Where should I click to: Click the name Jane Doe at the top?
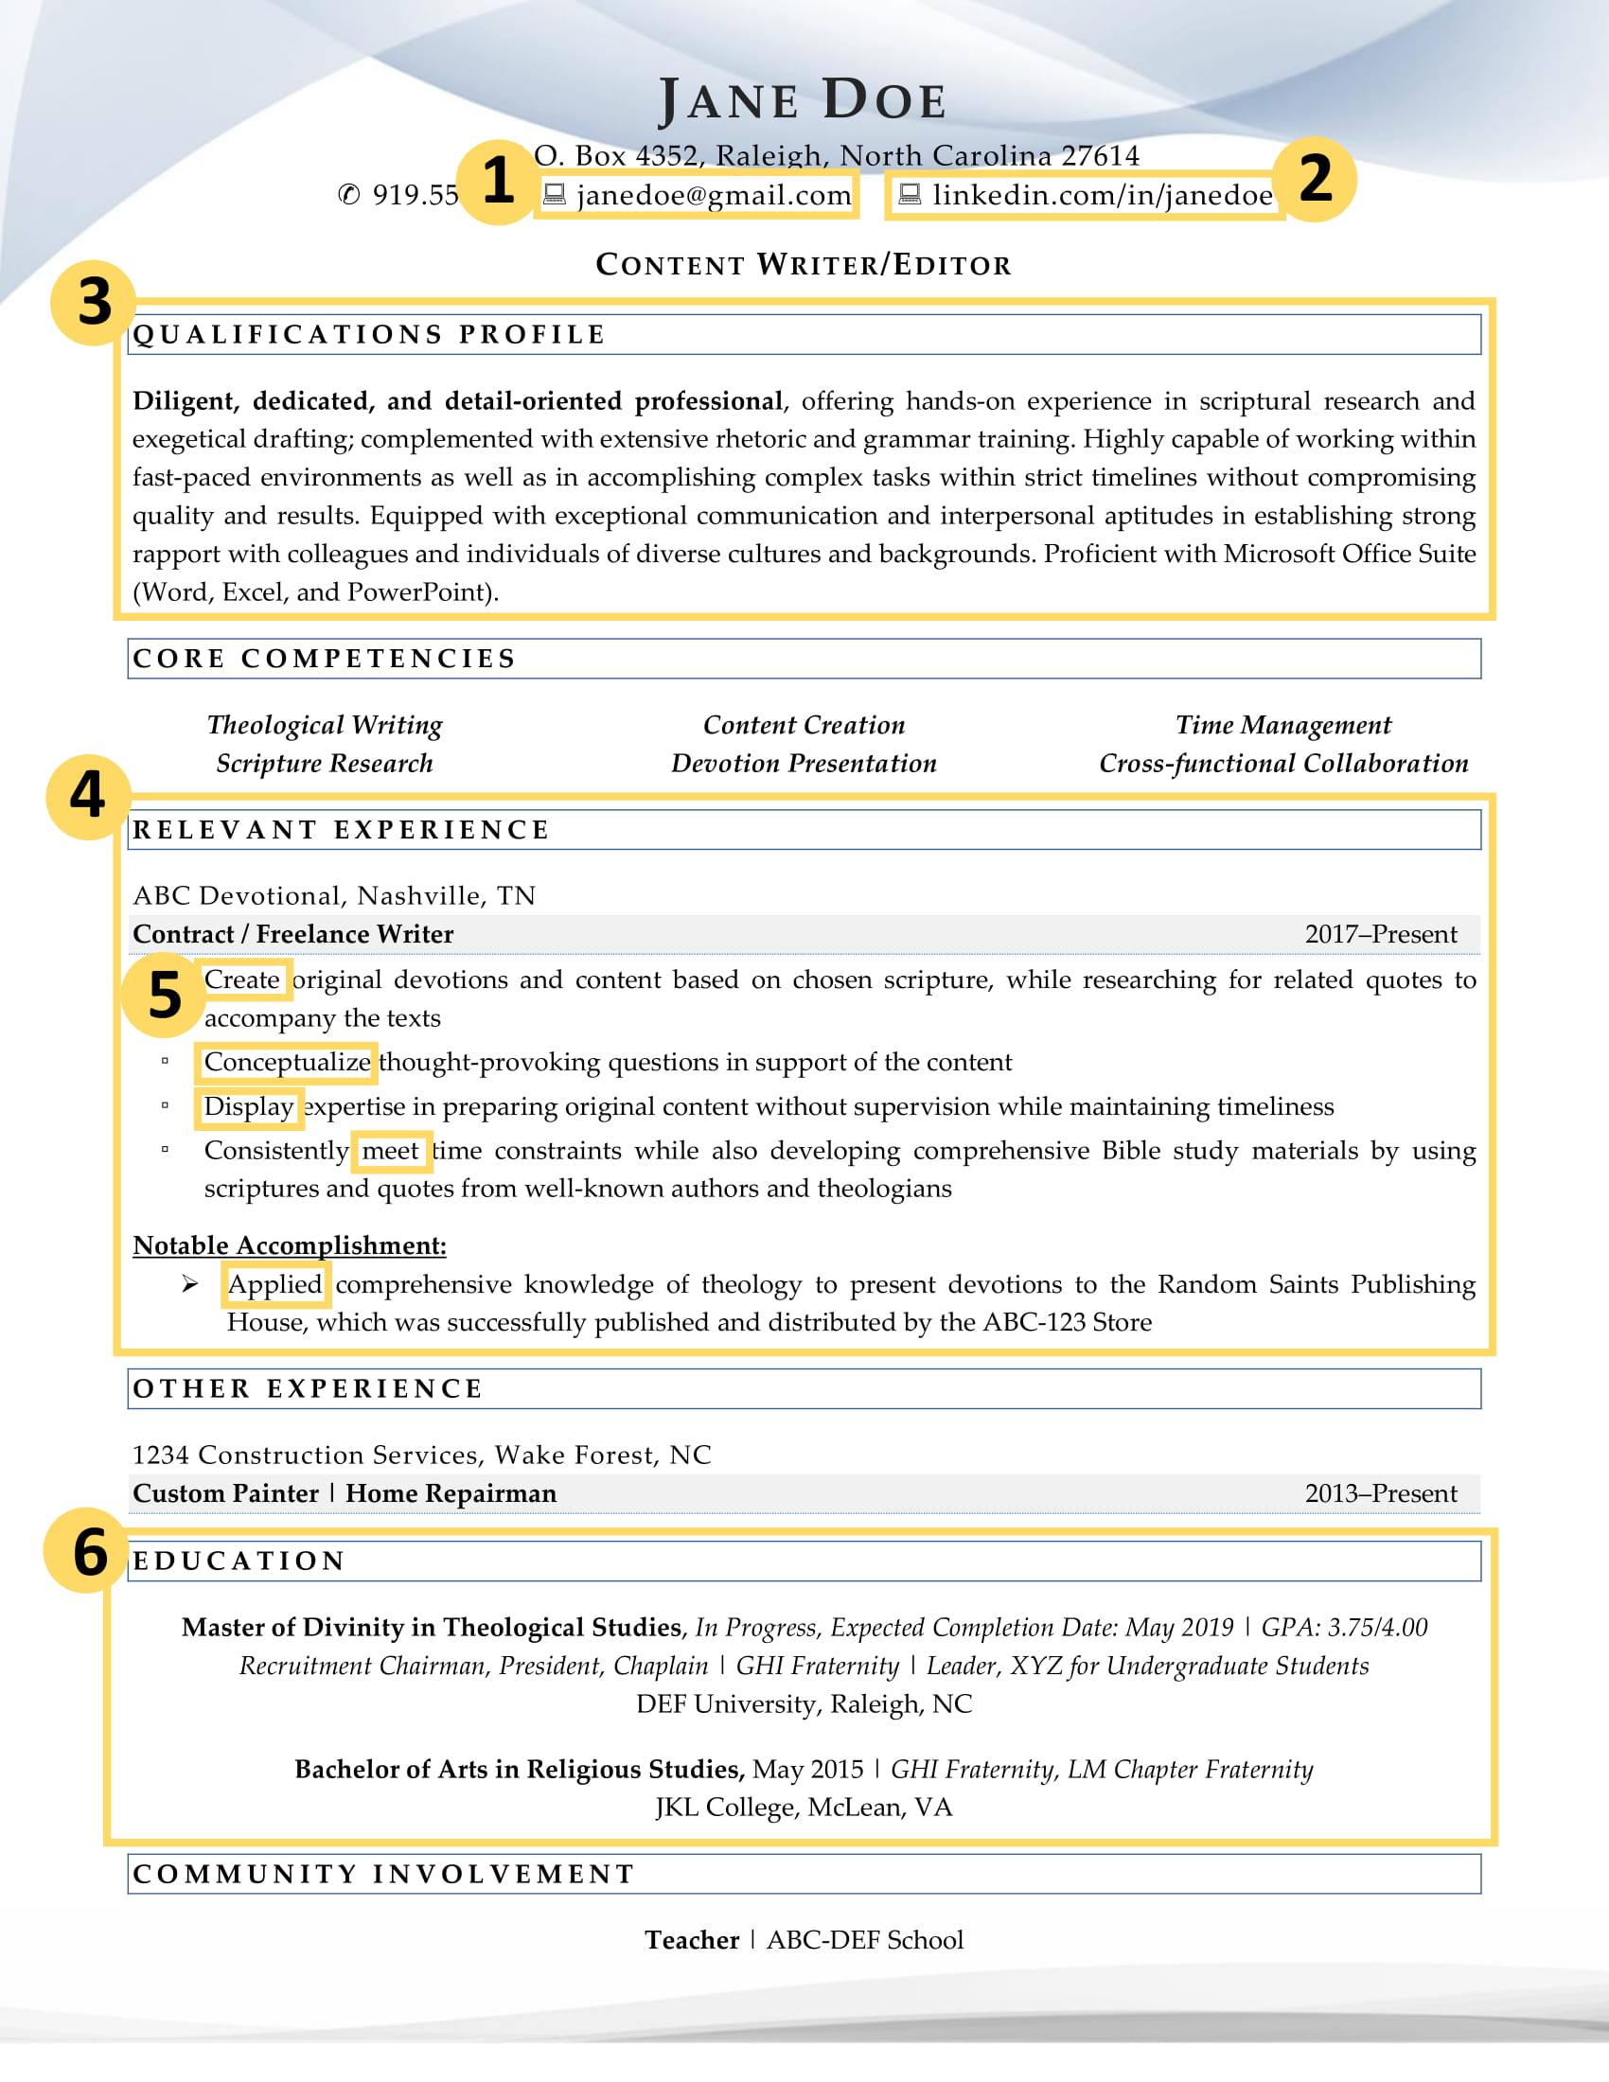803,100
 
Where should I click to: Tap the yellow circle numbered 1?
497,181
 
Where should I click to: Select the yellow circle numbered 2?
1316,179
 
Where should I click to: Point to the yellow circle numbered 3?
94,302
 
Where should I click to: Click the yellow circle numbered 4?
88,796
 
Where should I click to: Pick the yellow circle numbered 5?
164,996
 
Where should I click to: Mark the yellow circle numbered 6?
89,1552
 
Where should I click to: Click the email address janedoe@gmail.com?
713,196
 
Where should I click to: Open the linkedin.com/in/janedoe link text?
1101,196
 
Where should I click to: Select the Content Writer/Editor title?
803,265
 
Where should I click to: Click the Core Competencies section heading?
324,659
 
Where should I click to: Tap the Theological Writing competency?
324,725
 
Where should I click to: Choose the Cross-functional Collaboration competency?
1283,763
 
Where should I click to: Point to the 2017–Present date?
1380,934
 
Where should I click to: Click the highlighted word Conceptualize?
287,1062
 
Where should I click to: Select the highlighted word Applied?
274,1284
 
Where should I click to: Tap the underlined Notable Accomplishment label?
289,1245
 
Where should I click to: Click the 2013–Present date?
1380,1492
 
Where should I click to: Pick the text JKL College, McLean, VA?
803,1808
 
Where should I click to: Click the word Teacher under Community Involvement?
691,1940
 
